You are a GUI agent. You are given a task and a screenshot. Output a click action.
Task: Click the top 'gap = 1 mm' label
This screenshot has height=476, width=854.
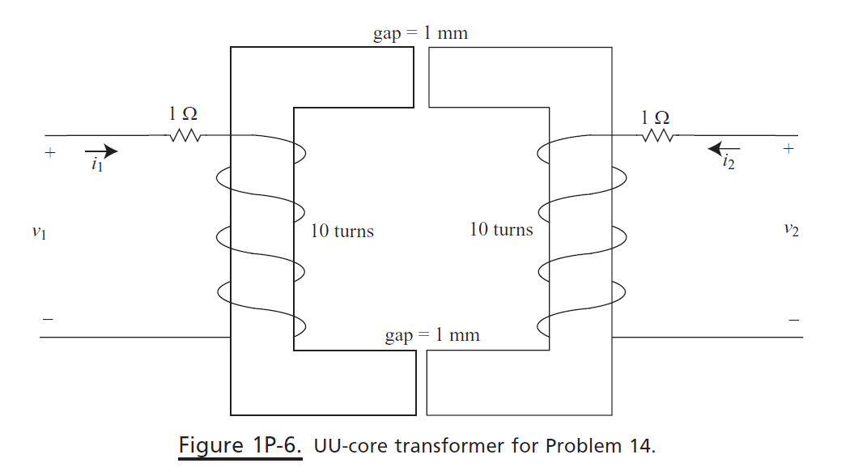click(x=420, y=34)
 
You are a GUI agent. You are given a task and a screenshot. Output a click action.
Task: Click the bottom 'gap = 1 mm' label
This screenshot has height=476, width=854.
click(x=431, y=335)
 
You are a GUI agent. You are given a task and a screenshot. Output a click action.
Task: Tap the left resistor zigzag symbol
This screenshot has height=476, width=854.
click(x=185, y=137)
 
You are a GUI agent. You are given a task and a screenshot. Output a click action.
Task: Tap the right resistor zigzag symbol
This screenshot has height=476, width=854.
click(x=656, y=137)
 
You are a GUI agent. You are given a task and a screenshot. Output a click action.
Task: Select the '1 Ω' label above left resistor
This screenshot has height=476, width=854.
click(x=183, y=115)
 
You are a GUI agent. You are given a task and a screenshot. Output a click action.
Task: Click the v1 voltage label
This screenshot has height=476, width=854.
click(x=38, y=232)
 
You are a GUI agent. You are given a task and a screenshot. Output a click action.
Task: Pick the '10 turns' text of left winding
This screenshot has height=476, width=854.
click(x=342, y=232)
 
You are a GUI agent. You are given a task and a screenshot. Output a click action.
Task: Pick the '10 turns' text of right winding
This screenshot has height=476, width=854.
click(x=501, y=230)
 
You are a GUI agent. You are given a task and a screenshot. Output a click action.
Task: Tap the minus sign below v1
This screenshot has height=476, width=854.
click(x=48, y=320)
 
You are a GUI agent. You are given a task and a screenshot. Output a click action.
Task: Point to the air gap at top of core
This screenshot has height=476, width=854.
click(x=421, y=77)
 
